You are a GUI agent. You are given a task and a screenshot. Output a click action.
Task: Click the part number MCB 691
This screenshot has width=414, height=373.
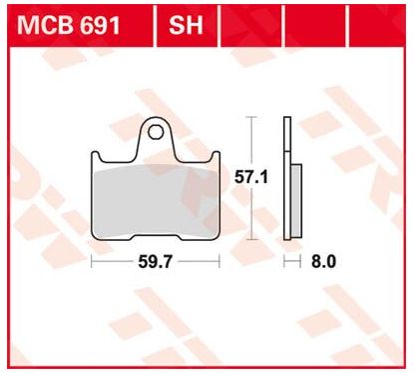[69, 26]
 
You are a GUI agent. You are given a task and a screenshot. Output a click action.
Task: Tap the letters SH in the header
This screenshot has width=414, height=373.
[186, 26]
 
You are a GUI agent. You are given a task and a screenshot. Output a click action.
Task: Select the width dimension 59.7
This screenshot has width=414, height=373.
[156, 262]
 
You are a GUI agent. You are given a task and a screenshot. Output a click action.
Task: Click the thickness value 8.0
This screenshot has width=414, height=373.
[323, 262]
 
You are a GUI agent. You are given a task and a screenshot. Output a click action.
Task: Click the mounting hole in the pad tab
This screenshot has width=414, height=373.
[156, 132]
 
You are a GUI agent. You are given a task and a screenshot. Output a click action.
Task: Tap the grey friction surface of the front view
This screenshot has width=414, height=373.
[156, 201]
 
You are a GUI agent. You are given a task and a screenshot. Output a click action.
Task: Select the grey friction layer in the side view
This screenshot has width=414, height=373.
[296, 200]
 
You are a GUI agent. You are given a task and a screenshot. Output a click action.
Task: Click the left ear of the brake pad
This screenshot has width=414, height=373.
[96, 156]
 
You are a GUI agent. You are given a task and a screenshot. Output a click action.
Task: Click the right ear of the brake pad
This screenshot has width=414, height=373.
[215, 156]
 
